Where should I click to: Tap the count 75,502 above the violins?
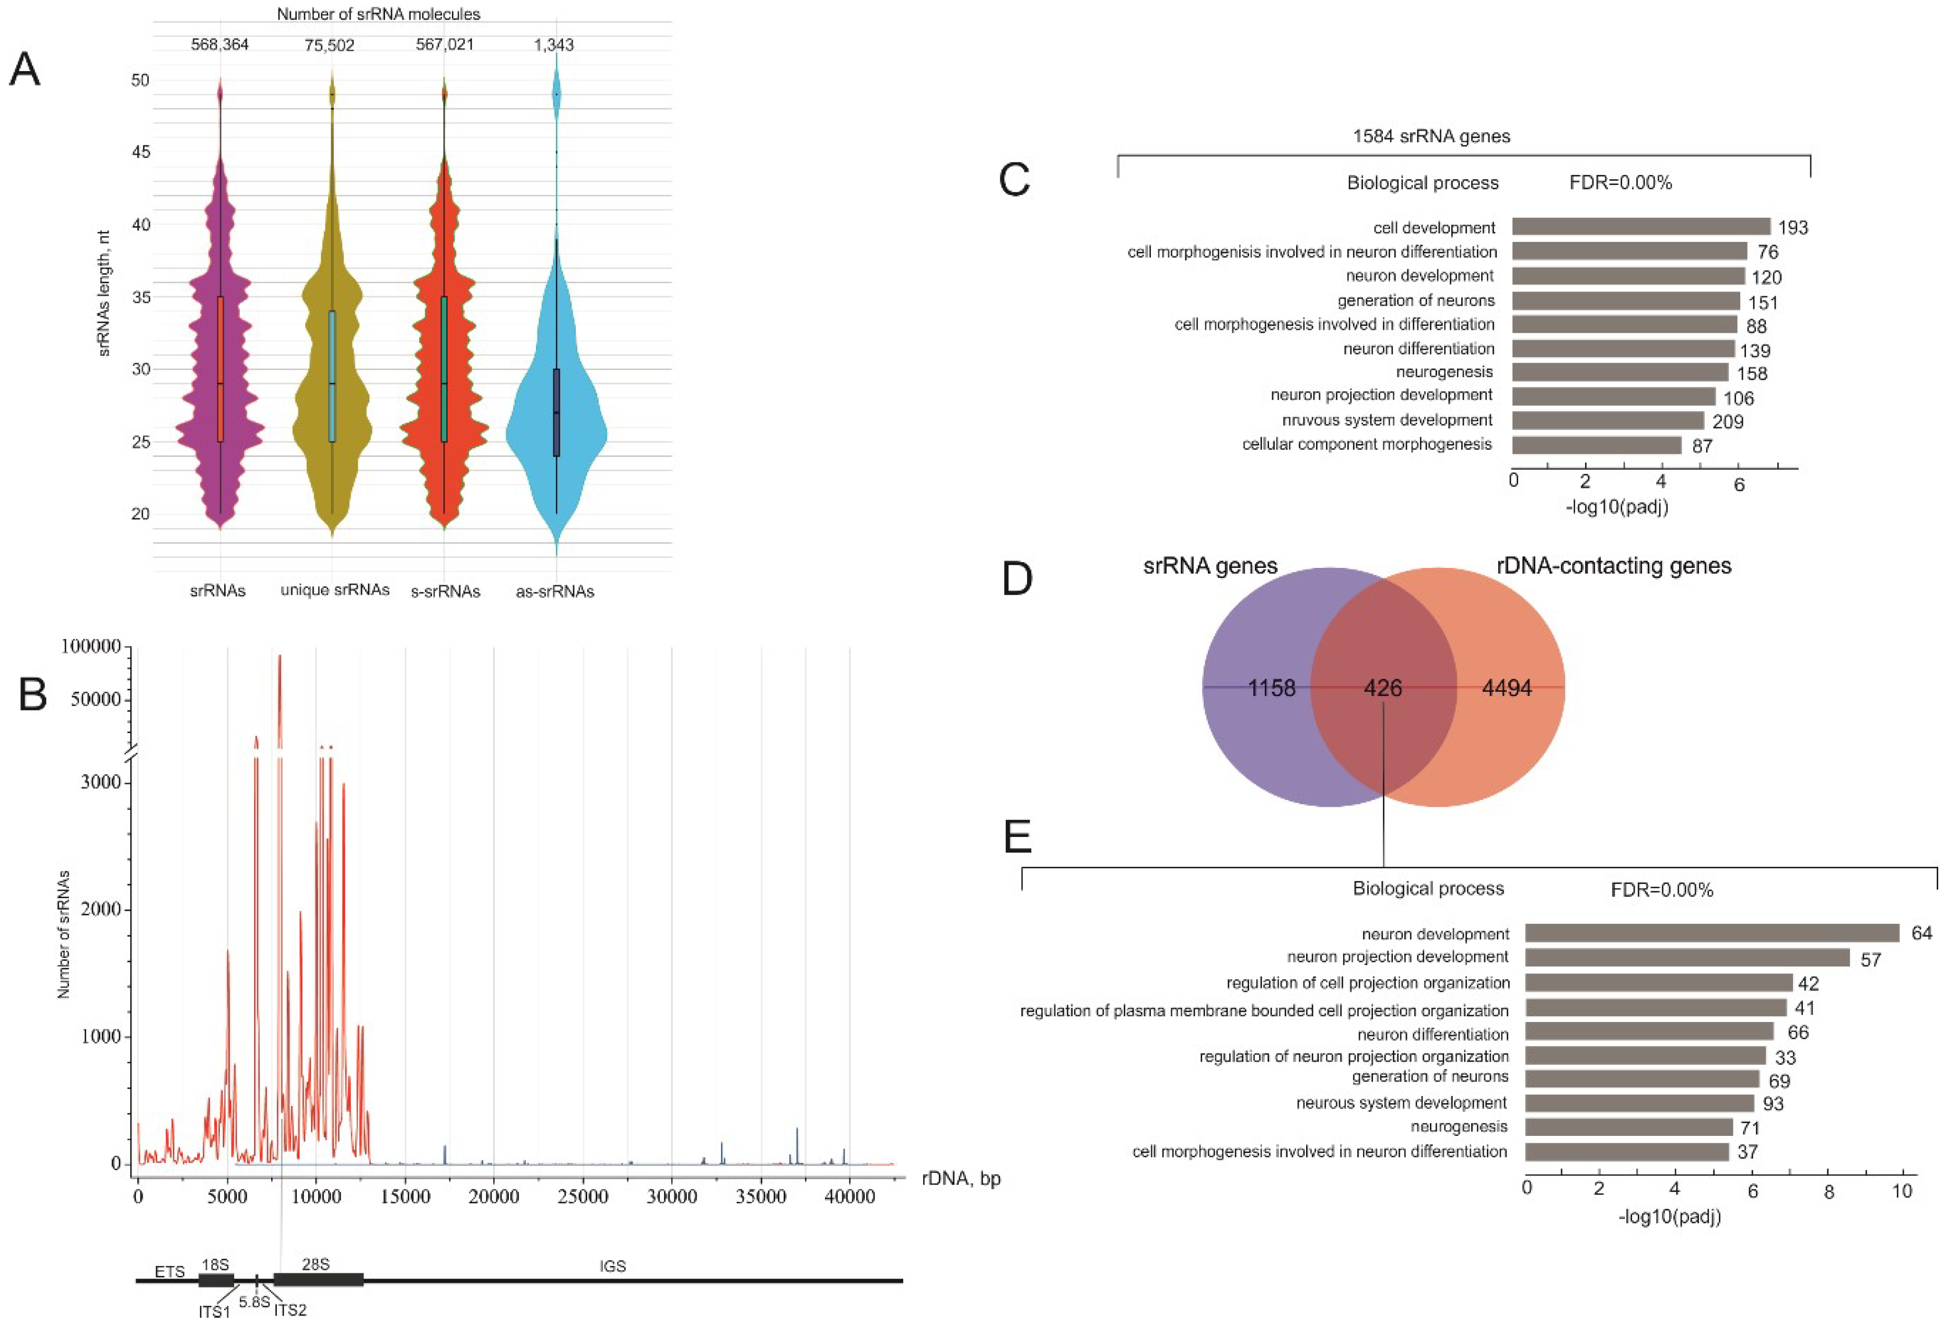(329, 45)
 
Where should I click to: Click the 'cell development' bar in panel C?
(1640, 227)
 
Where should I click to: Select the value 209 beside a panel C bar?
(1727, 422)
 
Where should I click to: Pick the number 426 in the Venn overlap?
(1382, 688)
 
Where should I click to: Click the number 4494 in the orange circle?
(1507, 688)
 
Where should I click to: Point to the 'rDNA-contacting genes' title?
(1613, 566)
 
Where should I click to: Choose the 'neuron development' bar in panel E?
(1711, 933)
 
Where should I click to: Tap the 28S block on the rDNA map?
(318, 1280)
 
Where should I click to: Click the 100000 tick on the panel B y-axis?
(92, 647)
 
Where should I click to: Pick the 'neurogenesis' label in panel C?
(1443, 371)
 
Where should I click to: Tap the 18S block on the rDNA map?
(216, 1280)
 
